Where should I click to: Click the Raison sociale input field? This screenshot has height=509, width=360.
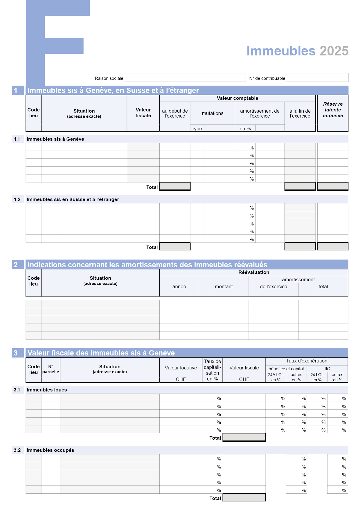click(x=185, y=77)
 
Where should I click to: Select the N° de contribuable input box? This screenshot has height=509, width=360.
click(x=317, y=77)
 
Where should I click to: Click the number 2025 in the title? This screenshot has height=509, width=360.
click(x=334, y=51)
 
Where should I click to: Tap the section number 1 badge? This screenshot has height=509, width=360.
click(x=16, y=90)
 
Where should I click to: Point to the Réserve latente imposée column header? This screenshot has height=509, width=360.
click(x=333, y=110)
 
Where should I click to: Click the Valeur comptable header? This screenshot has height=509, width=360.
click(x=237, y=98)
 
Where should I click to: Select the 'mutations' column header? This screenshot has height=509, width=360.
click(x=213, y=113)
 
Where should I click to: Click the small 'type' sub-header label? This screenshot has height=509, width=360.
click(x=197, y=129)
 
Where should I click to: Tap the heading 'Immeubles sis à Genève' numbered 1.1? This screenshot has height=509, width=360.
click(x=55, y=139)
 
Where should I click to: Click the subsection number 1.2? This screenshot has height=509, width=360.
click(x=17, y=199)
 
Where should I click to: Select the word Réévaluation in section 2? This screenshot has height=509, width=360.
click(x=254, y=272)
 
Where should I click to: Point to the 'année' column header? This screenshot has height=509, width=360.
click(x=179, y=286)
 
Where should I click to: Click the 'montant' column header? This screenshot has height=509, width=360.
click(x=224, y=286)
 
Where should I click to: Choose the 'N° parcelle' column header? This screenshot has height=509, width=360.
click(x=51, y=369)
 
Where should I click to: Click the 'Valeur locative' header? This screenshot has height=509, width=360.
click(x=181, y=368)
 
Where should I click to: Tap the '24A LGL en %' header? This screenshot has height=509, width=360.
click(x=276, y=377)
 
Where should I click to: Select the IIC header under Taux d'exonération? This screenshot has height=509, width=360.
click(x=327, y=369)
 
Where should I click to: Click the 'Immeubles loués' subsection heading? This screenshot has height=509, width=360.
click(x=47, y=390)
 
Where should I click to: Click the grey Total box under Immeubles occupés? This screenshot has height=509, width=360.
click(x=244, y=497)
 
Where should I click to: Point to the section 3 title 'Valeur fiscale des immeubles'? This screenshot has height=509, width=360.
click(x=101, y=353)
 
